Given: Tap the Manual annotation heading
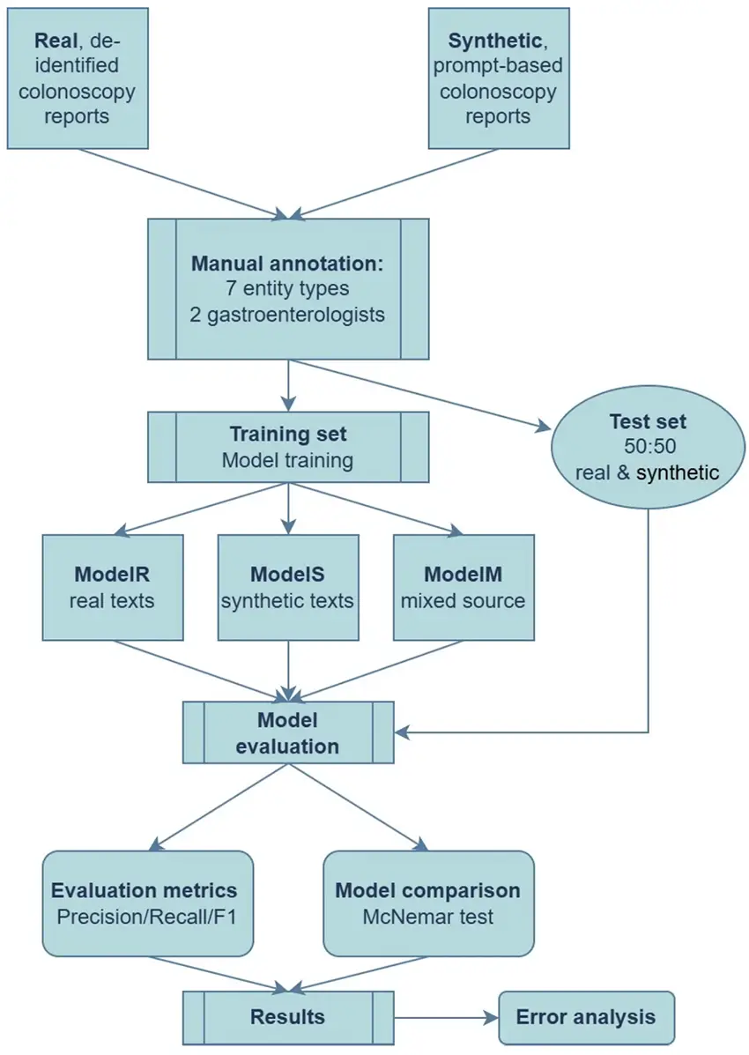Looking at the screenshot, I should tap(288, 264).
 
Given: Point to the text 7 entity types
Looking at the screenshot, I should tap(288, 289).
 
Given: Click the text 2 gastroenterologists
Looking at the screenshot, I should tap(288, 315).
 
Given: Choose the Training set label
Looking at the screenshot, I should tap(288, 435).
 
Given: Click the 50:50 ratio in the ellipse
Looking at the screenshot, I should tap(648, 448).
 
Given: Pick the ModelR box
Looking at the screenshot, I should tap(113, 587).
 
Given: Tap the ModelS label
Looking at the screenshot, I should tap(288, 575).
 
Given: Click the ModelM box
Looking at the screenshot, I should tap(463, 587).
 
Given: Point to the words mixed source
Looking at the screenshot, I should tap(463, 601).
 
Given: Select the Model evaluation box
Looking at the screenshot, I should tap(288, 732).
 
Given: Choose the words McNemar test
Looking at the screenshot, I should tap(428, 917).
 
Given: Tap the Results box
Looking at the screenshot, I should tap(288, 1017).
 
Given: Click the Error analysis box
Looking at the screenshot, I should tap(586, 1017).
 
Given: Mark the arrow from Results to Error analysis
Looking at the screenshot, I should tap(446, 1017).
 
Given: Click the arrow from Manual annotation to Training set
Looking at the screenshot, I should tap(288, 385).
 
